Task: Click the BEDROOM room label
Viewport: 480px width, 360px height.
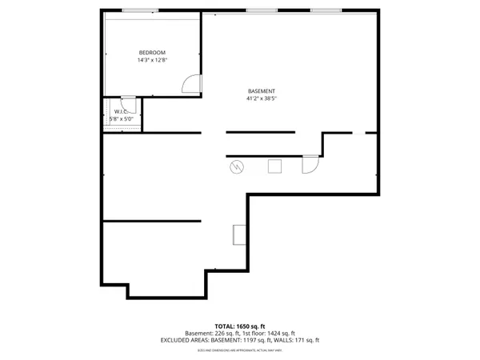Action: pyautogui.click(x=151, y=53)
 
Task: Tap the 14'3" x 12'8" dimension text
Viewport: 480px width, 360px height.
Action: pyautogui.click(x=151, y=60)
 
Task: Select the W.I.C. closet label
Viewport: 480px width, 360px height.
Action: pyautogui.click(x=121, y=112)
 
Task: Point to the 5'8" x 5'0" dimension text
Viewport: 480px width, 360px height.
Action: pyautogui.click(x=122, y=119)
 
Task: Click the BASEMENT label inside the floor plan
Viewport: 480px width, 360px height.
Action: pyautogui.click(x=261, y=91)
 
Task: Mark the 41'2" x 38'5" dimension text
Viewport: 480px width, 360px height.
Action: pyautogui.click(x=262, y=99)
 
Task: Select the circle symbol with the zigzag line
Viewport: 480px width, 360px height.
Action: pyautogui.click(x=237, y=166)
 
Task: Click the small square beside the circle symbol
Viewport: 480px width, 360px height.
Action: pyautogui.click(x=274, y=166)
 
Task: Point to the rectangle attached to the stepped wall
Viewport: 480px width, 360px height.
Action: pyautogui.click(x=239, y=234)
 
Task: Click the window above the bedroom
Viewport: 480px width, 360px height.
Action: pyautogui.click(x=140, y=10)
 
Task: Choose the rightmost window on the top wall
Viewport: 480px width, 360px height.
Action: pyautogui.click(x=325, y=10)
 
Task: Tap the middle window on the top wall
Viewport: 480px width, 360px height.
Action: pyautogui.click(x=258, y=10)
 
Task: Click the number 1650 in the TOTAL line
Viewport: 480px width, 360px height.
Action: pyautogui.click(x=246, y=326)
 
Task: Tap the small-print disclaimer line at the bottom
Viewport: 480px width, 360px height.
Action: pyautogui.click(x=240, y=350)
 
